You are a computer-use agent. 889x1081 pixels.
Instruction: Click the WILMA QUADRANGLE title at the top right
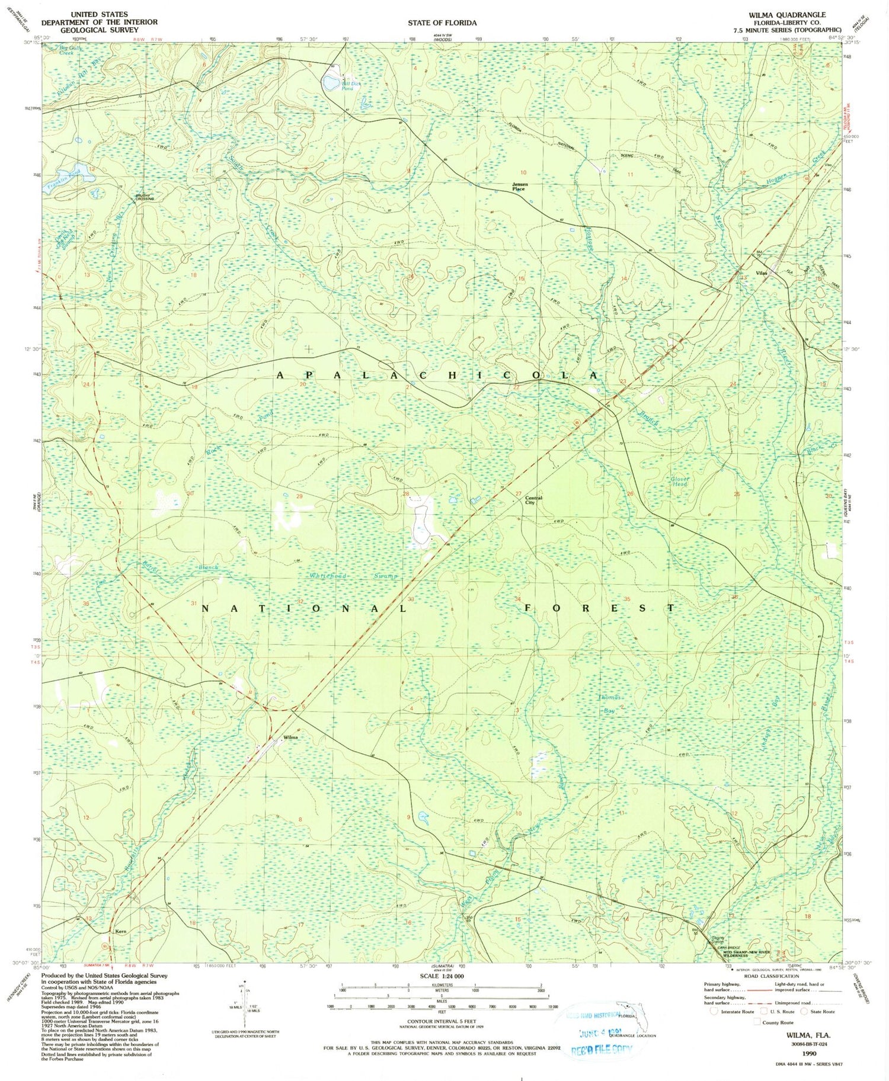(x=786, y=15)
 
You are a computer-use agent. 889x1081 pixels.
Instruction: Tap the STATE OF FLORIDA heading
(x=442, y=23)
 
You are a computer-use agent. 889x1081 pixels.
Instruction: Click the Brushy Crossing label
(x=145, y=197)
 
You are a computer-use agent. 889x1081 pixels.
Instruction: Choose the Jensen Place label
(x=519, y=187)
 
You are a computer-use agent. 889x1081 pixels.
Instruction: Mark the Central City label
(x=533, y=500)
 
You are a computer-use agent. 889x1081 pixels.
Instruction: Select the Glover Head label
(x=679, y=482)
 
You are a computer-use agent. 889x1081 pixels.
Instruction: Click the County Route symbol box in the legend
(x=757, y=1022)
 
